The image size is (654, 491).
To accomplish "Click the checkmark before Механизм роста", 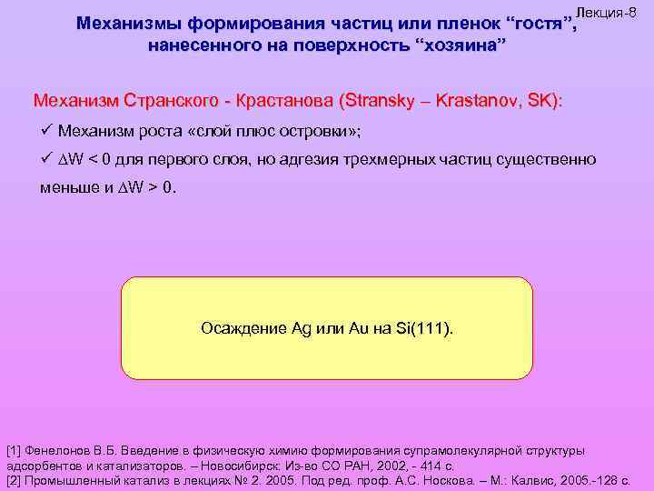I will (x=46, y=131).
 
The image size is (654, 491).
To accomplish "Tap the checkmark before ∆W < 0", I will (x=46, y=160).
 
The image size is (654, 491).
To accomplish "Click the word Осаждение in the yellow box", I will (x=241, y=327).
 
